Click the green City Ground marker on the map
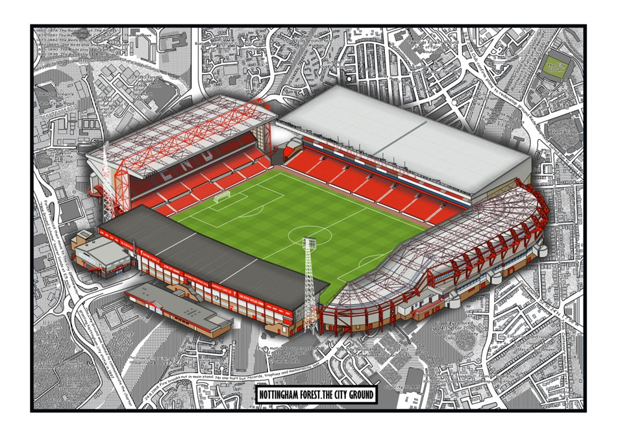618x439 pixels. [x=555, y=66]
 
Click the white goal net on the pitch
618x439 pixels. [x=223, y=196]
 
